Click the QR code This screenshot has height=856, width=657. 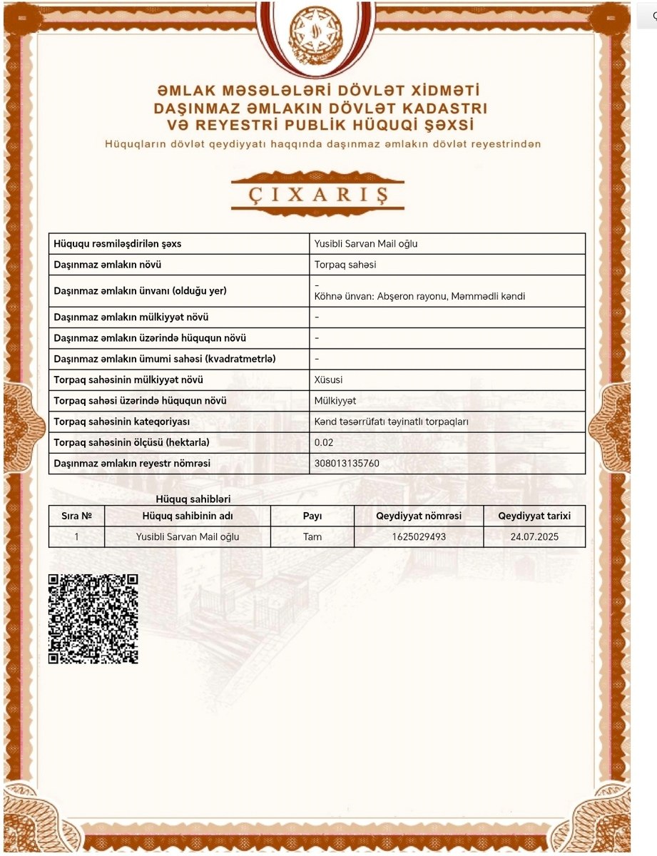click(x=93, y=618)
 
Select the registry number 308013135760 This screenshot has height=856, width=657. click(x=347, y=464)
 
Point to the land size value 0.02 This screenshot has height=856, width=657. click(x=324, y=443)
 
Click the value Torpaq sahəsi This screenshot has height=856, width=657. click(x=345, y=265)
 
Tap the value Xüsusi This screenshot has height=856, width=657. click(x=328, y=380)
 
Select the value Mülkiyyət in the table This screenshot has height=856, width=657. click(x=335, y=401)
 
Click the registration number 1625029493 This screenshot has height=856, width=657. click(x=419, y=536)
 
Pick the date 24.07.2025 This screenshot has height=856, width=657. click(x=534, y=536)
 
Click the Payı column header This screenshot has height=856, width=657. click(x=312, y=516)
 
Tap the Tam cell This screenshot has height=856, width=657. click(x=312, y=536)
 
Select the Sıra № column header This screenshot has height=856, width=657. click(x=76, y=516)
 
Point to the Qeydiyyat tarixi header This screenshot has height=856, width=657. click(x=534, y=516)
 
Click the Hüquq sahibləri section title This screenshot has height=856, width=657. click(x=193, y=499)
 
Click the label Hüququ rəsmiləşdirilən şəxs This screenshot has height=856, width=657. click(x=118, y=244)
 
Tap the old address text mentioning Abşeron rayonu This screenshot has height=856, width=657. click(x=419, y=296)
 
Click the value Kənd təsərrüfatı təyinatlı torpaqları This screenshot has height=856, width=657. click(x=391, y=422)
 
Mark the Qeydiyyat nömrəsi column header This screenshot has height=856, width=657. click(x=419, y=516)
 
